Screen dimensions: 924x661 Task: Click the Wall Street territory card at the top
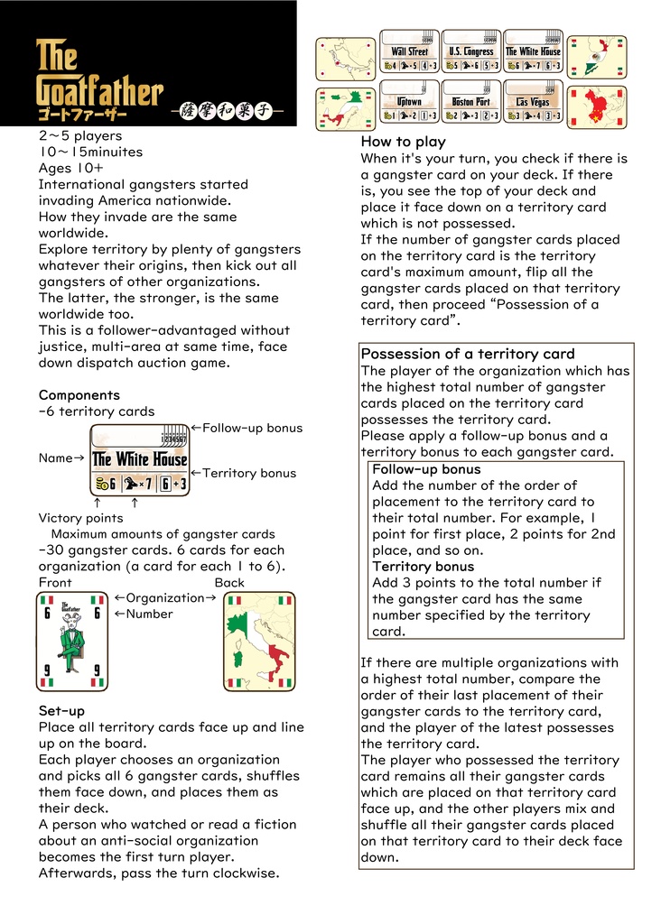click(x=410, y=53)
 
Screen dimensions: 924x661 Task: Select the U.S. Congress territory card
click(x=471, y=53)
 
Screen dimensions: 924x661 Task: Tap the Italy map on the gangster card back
click(x=259, y=642)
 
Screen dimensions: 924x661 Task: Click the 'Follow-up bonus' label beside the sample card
click(x=247, y=428)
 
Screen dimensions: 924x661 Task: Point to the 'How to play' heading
click(x=403, y=142)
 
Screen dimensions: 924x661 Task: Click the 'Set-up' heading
click(x=61, y=710)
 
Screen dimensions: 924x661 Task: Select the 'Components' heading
click(x=79, y=395)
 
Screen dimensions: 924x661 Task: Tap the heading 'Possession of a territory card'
click(x=468, y=354)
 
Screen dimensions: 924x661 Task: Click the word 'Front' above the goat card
click(x=55, y=583)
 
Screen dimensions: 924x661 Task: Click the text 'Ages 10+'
click(x=70, y=168)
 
